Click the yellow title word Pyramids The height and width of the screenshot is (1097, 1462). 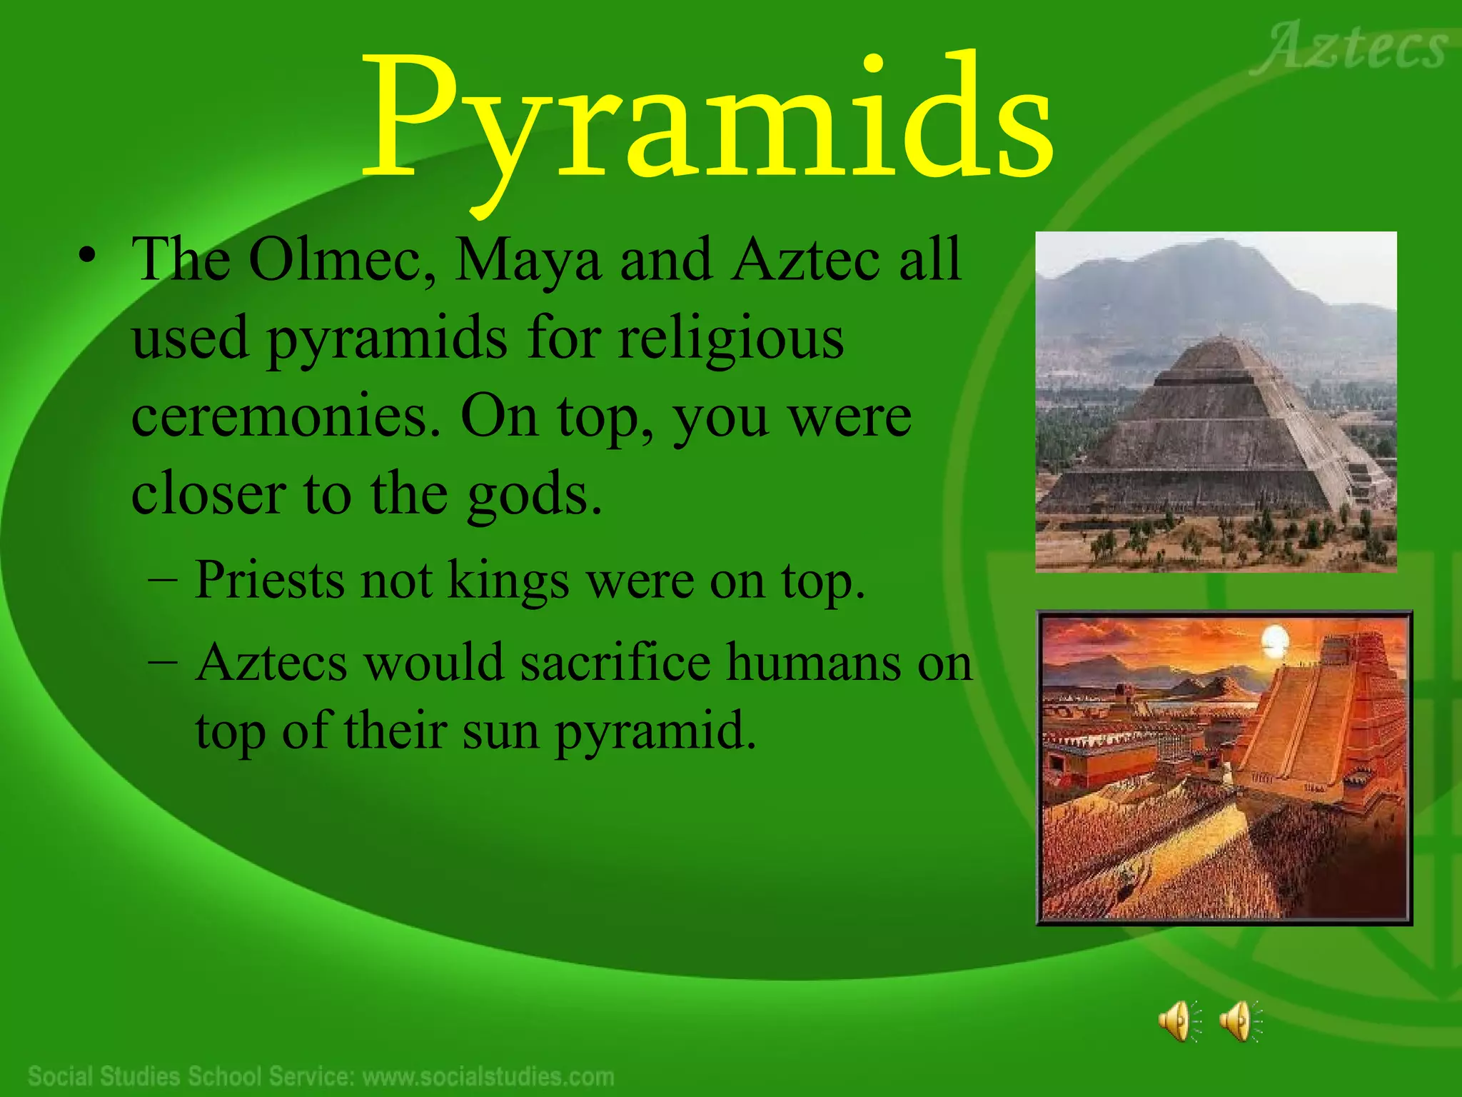click(707, 118)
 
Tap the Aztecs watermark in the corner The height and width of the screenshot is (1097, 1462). click(1349, 49)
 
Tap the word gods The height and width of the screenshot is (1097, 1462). click(534, 495)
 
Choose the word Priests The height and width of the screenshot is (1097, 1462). click(271, 580)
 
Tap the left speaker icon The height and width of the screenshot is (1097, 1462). click(1179, 1021)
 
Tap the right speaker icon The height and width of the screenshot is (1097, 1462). click(1240, 1021)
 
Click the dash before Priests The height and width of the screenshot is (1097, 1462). click(163, 579)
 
